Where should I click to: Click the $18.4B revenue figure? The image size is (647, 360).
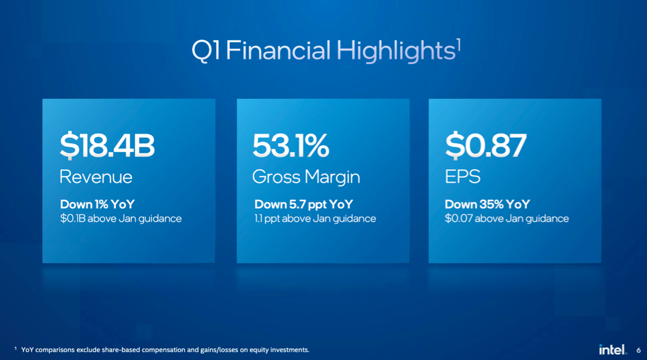coord(107,145)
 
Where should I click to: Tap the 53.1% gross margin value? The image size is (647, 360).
coord(291,145)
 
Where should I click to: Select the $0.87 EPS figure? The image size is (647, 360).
coord(485,145)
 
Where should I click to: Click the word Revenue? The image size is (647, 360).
coord(95,177)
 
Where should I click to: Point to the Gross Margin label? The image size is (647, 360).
coord(306,177)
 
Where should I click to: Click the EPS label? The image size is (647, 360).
coord(462,177)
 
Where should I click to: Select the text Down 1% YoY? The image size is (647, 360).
coord(97,205)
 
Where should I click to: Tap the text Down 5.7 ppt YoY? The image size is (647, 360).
coord(303,205)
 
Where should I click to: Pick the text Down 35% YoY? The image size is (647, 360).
coord(487,205)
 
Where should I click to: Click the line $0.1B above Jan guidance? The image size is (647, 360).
coord(121,218)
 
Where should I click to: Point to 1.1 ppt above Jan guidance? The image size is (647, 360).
coord(315,218)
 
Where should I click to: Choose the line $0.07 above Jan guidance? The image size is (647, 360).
coord(507,218)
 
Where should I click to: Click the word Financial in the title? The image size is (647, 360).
coord(278,50)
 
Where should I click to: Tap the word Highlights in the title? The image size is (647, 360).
coord(395,51)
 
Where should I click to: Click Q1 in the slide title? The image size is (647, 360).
coord(205,50)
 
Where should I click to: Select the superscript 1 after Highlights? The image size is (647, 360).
coord(458,44)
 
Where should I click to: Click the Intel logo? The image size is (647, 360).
coord(612,350)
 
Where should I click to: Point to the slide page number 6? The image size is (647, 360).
coord(638,350)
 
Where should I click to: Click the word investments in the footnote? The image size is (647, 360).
coord(288,350)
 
